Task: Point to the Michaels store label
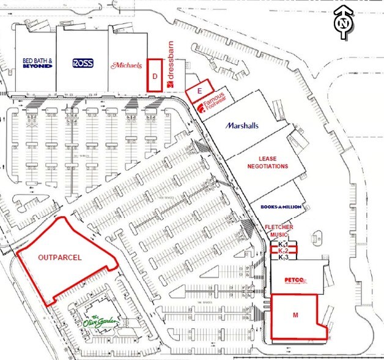coord(127,64)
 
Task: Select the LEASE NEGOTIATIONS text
coord(267,162)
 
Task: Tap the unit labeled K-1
coord(283,244)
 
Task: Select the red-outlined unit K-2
coord(283,251)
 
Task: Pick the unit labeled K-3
coord(283,258)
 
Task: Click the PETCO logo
coord(295,281)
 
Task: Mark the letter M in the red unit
coord(295,315)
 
